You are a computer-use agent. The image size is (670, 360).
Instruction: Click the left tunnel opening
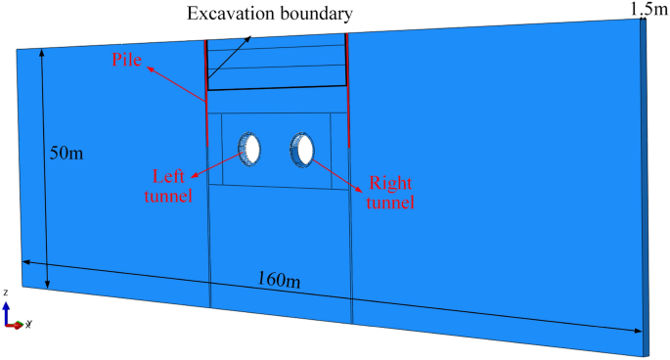(x=251, y=148)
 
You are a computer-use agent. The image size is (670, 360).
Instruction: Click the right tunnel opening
(x=303, y=149)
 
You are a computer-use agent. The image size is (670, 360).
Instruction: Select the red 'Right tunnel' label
(x=389, y=193)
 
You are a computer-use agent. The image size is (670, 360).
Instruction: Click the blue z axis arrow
(x=7, y=308)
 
